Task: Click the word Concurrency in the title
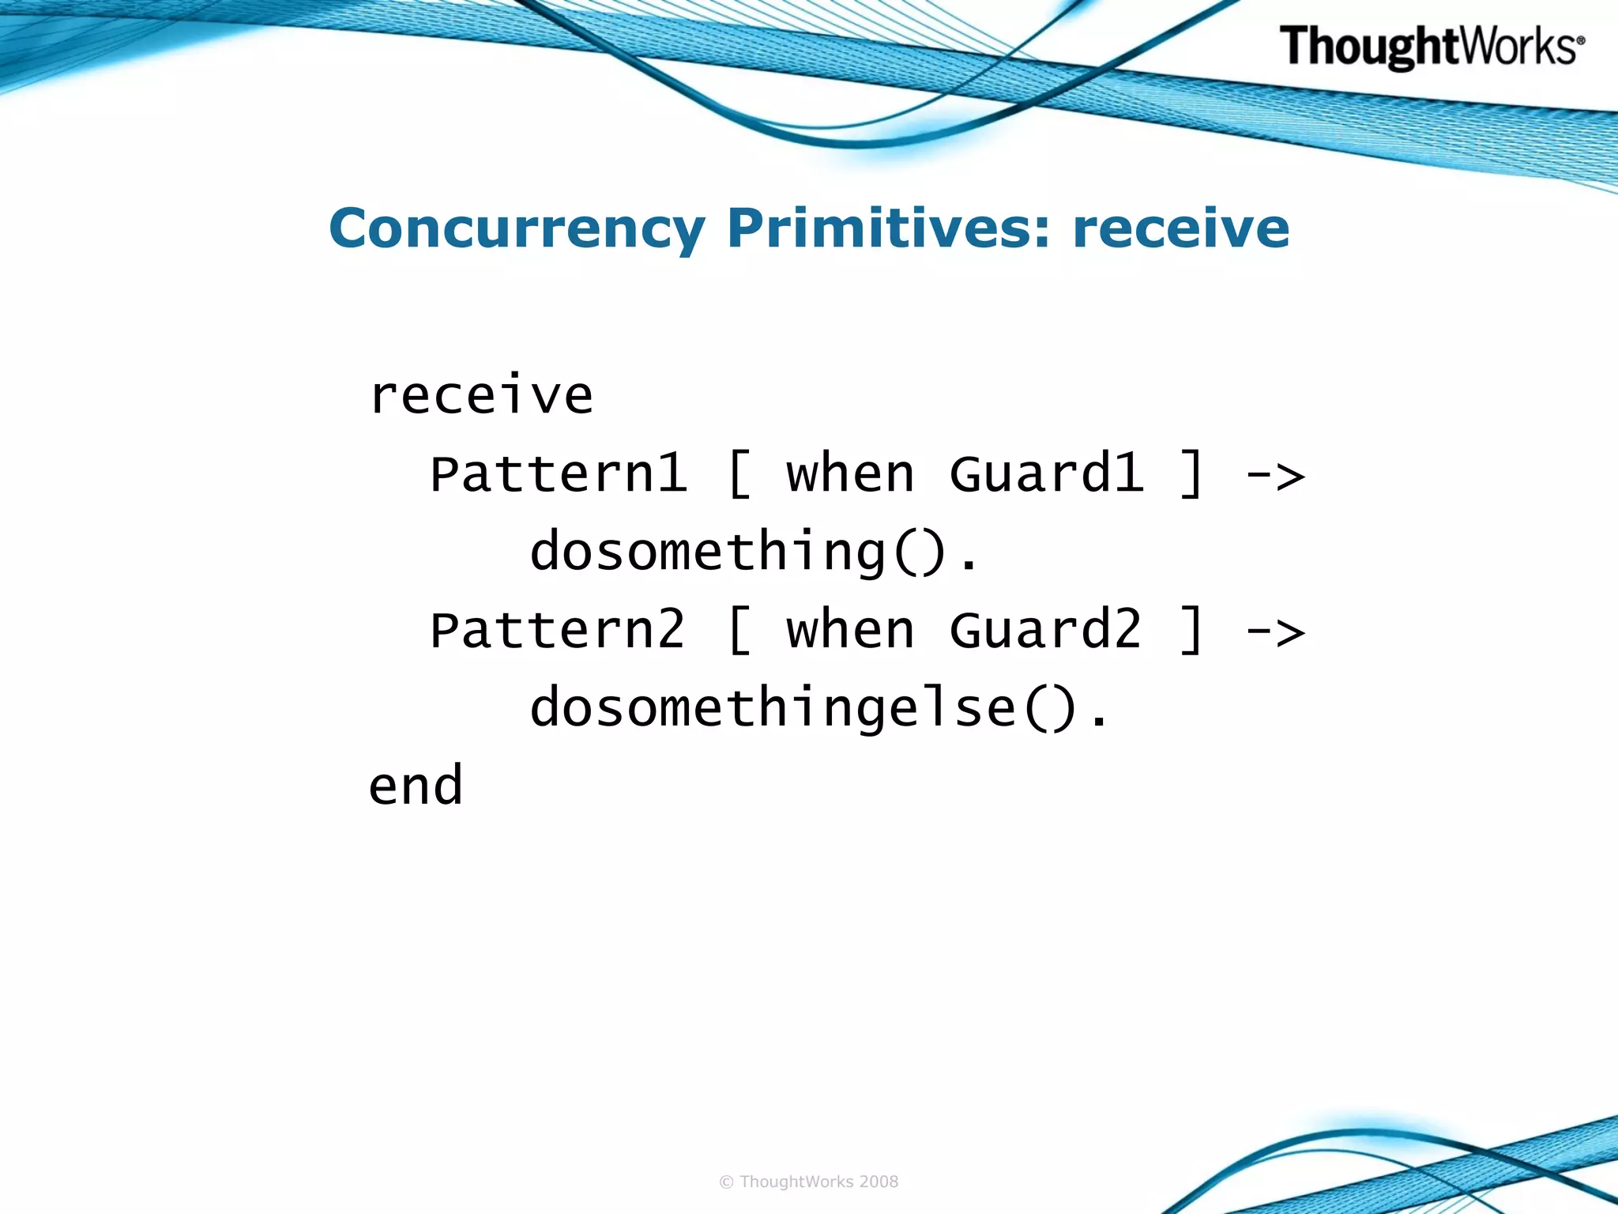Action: point(517,229)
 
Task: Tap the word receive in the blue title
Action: point(1180,229)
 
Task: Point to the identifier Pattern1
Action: point(558,474)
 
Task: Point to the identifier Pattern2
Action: point(558,631)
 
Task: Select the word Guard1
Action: point(1046,474)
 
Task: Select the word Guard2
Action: point(1046,631)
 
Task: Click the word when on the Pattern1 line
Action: point(850,474)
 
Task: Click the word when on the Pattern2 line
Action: point(850,631)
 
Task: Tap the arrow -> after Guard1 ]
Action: point(1275,476)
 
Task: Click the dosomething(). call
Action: point(754,552)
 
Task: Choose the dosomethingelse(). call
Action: point(819,708)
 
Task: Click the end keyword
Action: point(416,786)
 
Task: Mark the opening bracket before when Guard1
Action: point(739,474)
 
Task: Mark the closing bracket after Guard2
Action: point(1191,631)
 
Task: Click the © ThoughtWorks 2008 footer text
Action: point(809,1182)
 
